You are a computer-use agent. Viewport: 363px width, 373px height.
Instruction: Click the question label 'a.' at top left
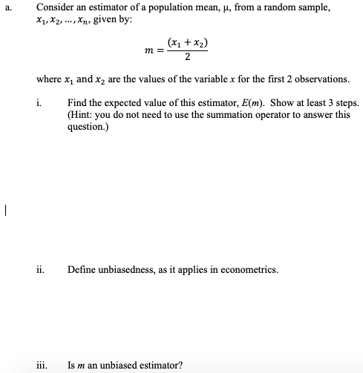(x=7, y=6)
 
